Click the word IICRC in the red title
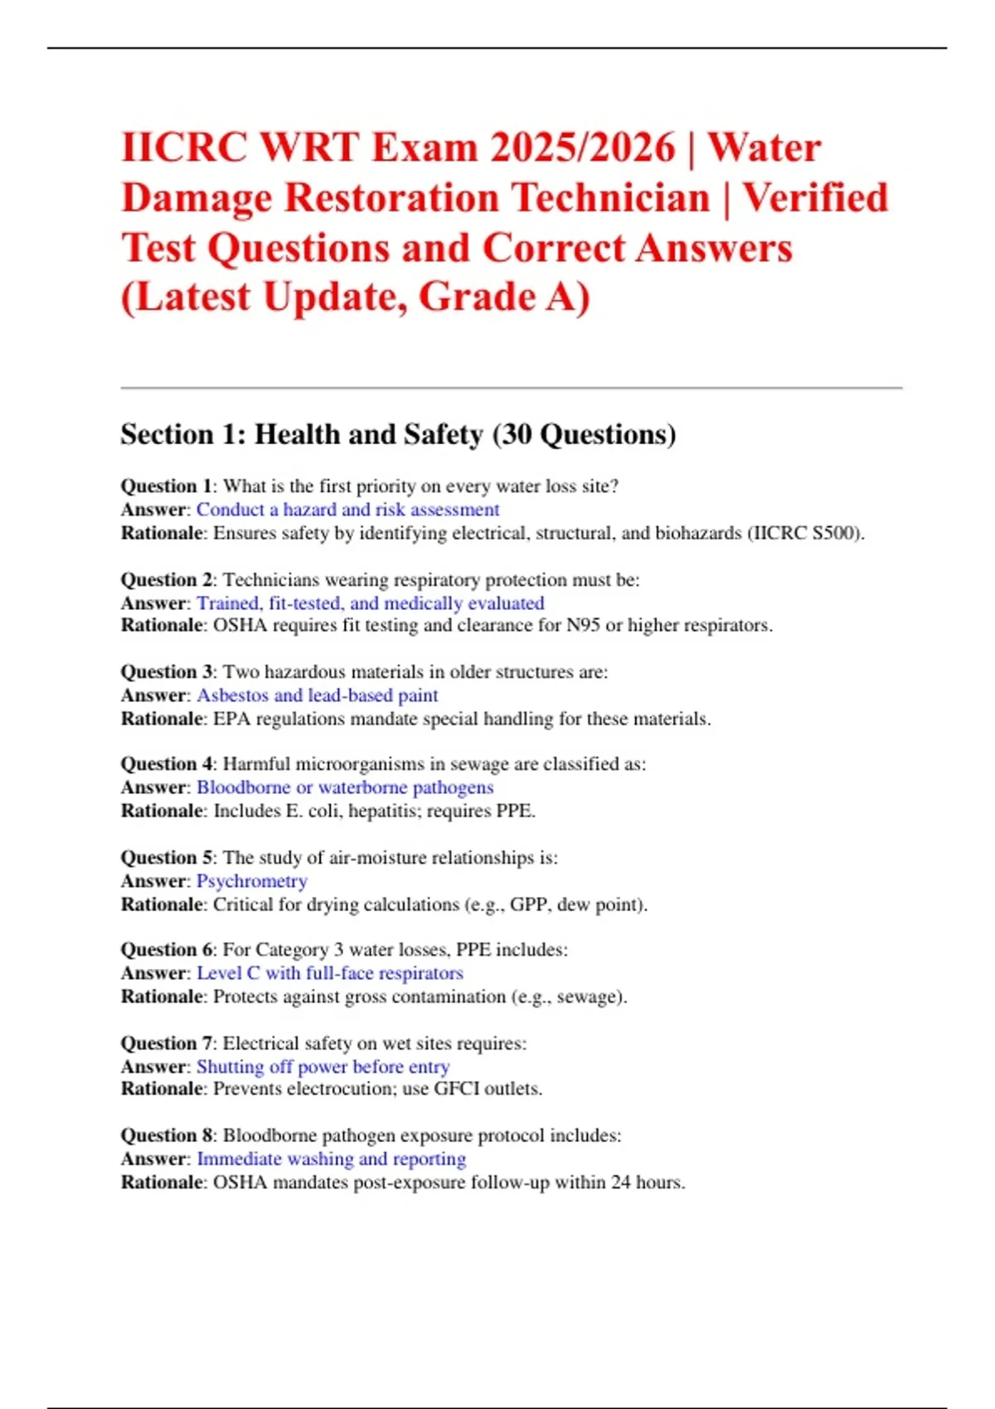click(183, 148)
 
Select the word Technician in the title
click(610, 198)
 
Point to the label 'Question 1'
click(166, 487)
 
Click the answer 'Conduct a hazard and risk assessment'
click(347, 510)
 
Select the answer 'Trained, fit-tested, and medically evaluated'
click(370, 603)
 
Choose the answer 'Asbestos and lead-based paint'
click(317, 695)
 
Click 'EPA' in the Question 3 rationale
click(232, 719)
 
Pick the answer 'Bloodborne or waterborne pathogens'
click(344, 787)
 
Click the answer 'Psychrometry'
click(251, 881)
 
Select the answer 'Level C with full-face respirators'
click(329, 973)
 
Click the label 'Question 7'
click(166, 1043)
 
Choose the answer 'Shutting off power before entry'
click(323, 1067)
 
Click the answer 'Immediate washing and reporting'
click(331, 1159)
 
